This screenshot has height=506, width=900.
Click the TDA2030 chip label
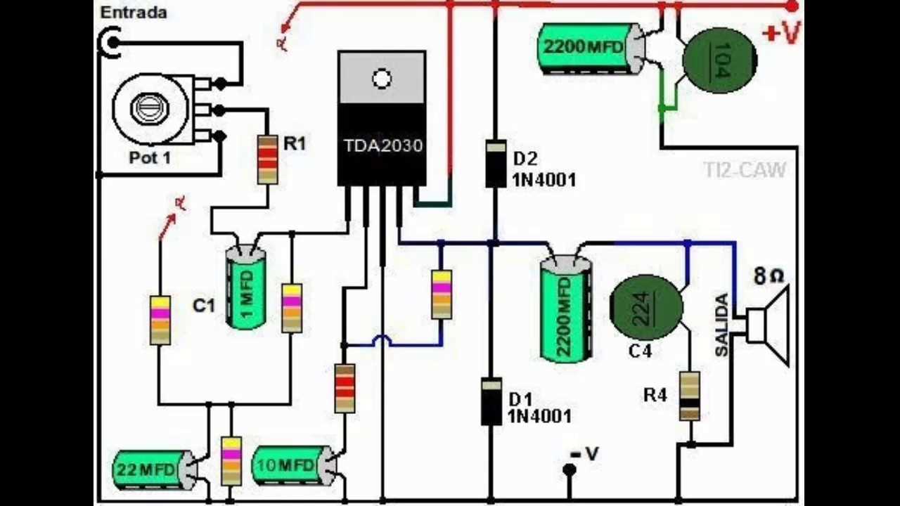pos(383,145)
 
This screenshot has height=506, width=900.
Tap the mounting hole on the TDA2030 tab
pos(382,79)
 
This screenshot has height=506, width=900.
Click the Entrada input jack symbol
pos(110,44)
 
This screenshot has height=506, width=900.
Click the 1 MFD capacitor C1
pos(245,287)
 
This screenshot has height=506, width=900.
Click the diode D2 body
pos(496,163)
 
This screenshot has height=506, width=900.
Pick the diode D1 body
pos(491,401)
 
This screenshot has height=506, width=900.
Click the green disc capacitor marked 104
pos(719,60)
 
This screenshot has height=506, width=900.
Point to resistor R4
pos(690,396)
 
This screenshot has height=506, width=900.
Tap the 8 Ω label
pos(769,276)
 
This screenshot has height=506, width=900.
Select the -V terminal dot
pos(570,469)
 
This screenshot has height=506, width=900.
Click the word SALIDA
pos(722,325)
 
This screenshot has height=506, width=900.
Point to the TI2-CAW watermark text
pos(745,169)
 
